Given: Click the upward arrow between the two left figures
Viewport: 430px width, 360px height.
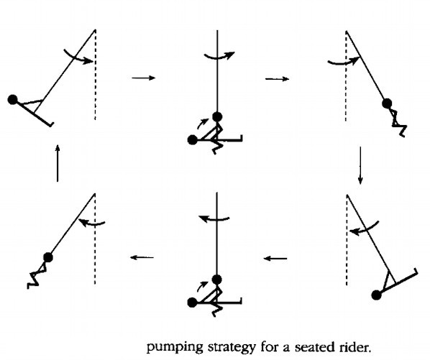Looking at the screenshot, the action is (58, 163).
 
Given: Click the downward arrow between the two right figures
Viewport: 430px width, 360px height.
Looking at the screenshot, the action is (360, 165).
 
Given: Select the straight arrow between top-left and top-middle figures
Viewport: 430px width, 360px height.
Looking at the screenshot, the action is (143, 78).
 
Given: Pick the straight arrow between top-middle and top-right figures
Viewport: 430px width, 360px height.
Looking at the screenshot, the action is (278, 79).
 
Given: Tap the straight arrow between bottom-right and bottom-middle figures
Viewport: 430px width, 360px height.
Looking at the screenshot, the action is (275, 259).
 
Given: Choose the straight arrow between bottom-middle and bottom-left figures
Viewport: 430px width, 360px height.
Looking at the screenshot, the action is (142, 257).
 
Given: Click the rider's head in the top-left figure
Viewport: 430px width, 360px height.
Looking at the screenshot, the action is (13, 100).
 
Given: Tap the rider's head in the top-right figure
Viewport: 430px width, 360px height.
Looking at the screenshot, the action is (387, 103).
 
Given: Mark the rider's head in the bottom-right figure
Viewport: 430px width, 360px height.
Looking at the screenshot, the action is (377, 295).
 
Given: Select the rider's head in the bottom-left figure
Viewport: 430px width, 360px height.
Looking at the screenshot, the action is (48, 257).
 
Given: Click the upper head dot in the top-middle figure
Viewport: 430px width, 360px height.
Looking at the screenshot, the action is (217, 116).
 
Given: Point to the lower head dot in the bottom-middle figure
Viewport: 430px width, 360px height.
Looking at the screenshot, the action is (192, 303).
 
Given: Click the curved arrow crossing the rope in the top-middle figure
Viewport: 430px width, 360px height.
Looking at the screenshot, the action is (218, 57).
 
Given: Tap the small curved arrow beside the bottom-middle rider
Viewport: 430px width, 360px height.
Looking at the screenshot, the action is (201, 285).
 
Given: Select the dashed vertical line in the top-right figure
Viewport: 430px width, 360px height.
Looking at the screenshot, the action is (346, 76).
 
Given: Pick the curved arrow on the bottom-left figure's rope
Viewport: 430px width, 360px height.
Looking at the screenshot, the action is (92, 224).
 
